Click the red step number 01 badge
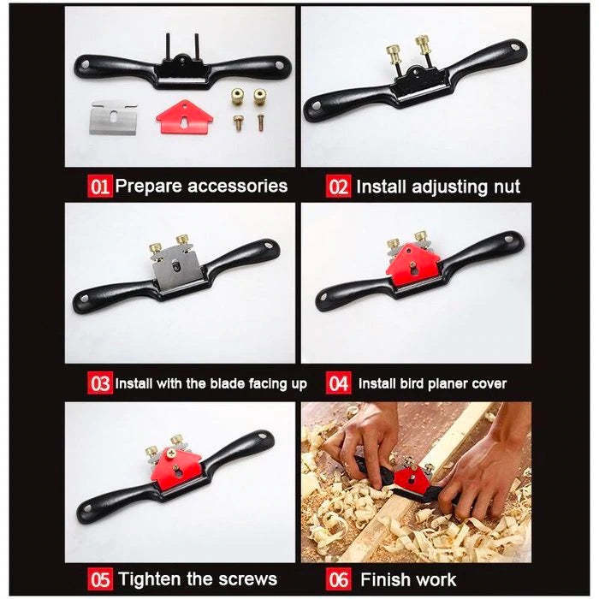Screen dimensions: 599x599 click(x=100, y=186)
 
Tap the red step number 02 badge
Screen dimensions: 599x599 click(x=338, y=187)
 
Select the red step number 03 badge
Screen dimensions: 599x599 click(x=100, y=383)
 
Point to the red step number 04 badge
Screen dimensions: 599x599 click(x=339, y=383)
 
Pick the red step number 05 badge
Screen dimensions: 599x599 click(x=100, y=579)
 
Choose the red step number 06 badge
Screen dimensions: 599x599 click(x=339, y=579)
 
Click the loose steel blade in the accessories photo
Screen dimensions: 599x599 click(x=113, y=118)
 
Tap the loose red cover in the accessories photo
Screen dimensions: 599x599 click(x=185, y=117)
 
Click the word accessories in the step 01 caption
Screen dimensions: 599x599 click(x=237, y=186)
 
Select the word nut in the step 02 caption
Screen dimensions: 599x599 click(x=507, y=187)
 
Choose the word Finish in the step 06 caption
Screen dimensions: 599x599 click(x=383, y=579)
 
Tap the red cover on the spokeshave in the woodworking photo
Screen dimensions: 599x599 click(x=412, y=478)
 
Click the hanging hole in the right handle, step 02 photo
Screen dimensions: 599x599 click(x=515, y=48)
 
